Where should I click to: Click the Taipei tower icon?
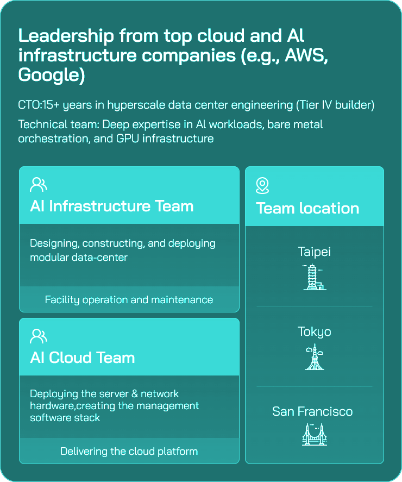(314, 277)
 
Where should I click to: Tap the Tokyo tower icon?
(314, 357)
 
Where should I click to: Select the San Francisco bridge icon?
(314, 434)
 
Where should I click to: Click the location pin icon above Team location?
(262, 186)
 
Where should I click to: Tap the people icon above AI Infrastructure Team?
(38, 185)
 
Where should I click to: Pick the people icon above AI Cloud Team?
(38, 336)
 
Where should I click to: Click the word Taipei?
(314, 252)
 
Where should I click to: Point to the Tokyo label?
(314, 331)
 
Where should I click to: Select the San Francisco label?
(312, 411)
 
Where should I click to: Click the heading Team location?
(307, 208)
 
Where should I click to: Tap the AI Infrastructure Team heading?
(111, 206)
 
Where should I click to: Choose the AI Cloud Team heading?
(82, 358)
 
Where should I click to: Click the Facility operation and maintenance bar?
(129, 299)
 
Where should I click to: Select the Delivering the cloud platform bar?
(129, 451)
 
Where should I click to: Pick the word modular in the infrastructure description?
(49, 257)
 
